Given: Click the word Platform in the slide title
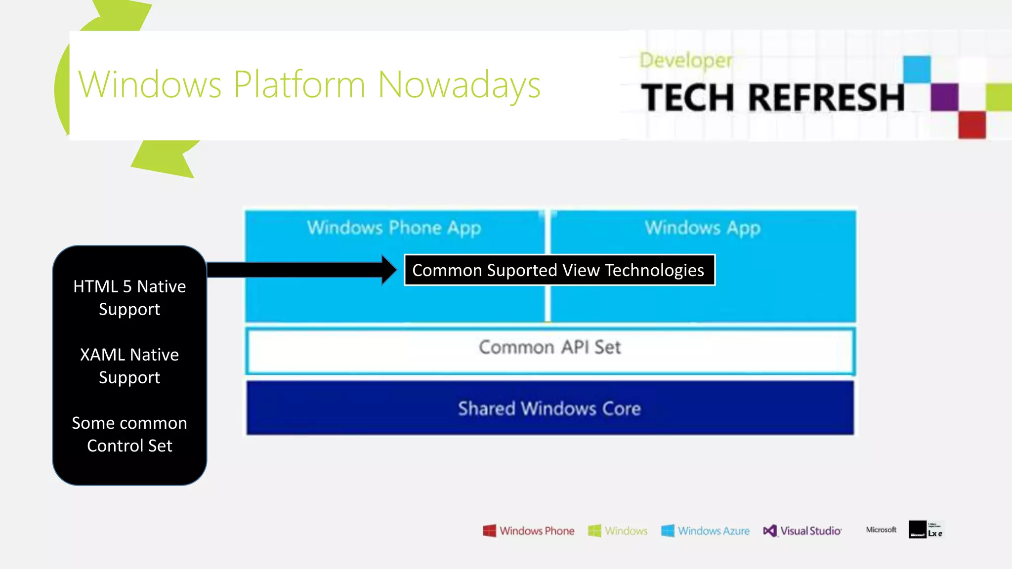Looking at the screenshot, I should (299, 85).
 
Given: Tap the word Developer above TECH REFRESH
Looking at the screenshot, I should (685, 60).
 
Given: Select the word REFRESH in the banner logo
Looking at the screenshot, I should (826, 97).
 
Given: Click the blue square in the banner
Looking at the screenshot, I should (917, 69).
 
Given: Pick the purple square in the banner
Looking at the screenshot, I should (944, 97).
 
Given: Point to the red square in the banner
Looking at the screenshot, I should (971, 124).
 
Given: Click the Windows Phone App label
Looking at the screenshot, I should (394, 228).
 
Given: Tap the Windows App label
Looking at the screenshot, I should (702, 228).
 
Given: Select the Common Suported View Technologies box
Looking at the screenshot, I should (559, 270).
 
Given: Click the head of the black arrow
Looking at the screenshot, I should (389, 270).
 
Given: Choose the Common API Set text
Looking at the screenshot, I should (549, 347).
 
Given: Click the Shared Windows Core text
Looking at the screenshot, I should (549, 408).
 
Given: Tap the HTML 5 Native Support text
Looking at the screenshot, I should (129, 297).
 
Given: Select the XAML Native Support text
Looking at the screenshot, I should (129, 366).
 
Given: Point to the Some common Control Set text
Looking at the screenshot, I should (129, 434).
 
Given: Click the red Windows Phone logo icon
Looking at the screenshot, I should (489, 531).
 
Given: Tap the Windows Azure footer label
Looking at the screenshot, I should (713, 531).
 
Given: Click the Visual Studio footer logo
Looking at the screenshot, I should (802, 531).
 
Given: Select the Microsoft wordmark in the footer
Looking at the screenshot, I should (881, 529).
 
